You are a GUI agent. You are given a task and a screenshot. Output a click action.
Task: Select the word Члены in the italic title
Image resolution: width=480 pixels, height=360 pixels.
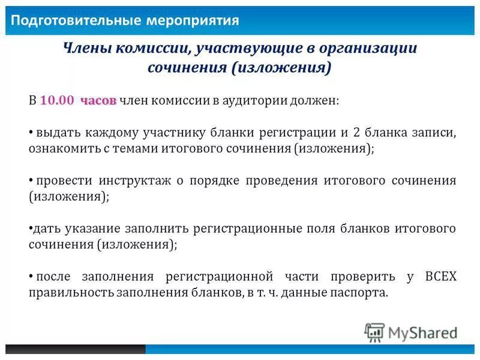pos(85,49)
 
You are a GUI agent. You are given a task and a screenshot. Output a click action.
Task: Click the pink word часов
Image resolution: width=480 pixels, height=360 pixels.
pos(98,100)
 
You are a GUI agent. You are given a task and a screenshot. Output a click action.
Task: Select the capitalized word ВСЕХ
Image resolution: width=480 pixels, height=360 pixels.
pos(440,277)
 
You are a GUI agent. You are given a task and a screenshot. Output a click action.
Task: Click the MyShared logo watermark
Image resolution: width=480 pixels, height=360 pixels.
pos(411,332)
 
